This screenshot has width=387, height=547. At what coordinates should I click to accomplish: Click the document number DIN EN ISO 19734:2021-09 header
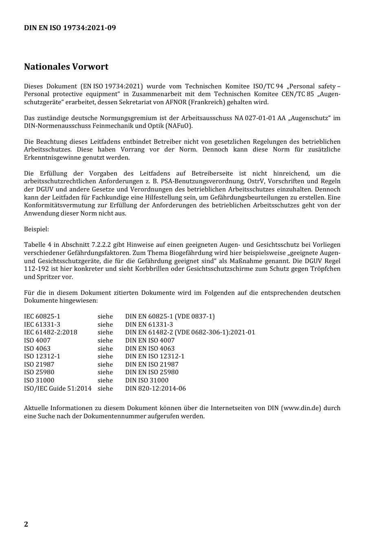click(70, 28)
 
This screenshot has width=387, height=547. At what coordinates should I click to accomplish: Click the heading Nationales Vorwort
click(66, 66)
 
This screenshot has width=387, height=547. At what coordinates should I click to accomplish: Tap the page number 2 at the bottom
click(26, 524)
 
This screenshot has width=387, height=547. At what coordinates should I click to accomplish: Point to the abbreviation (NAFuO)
click(179, 126)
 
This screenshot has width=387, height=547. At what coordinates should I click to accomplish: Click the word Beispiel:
click(36, 229)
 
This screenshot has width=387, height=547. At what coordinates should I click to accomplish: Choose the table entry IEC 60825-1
click(42, 316)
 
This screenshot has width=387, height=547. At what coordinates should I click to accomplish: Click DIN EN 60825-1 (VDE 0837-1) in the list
click(170, 316)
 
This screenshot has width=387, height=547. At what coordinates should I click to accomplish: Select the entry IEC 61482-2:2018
click(51, 332)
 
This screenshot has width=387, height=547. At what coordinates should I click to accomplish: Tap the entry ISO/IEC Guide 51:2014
click(58, 388)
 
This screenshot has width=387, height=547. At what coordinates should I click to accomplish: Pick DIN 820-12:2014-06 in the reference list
click(155, 388)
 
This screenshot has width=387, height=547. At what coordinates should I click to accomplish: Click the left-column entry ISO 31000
click(39, 380)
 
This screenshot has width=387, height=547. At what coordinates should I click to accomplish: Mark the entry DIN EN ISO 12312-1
click(155, 356)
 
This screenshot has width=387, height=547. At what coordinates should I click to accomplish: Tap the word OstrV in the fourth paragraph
click(255, 181)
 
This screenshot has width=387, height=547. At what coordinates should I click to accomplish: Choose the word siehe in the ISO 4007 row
click(105, 341)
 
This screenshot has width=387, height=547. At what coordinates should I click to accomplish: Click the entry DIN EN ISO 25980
click(152, 372)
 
